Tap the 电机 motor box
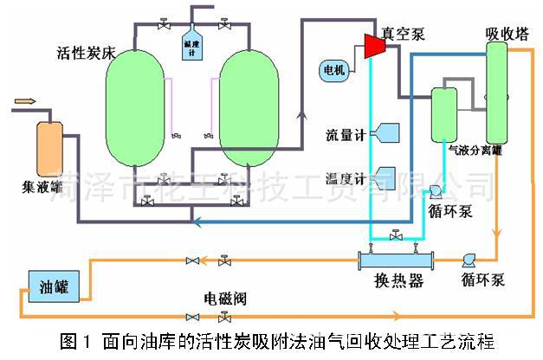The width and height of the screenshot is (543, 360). click(x=333, y=69)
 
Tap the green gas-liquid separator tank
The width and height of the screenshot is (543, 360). click(x=444, y=112)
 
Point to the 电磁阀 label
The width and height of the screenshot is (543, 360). click(x=225, y=299)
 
